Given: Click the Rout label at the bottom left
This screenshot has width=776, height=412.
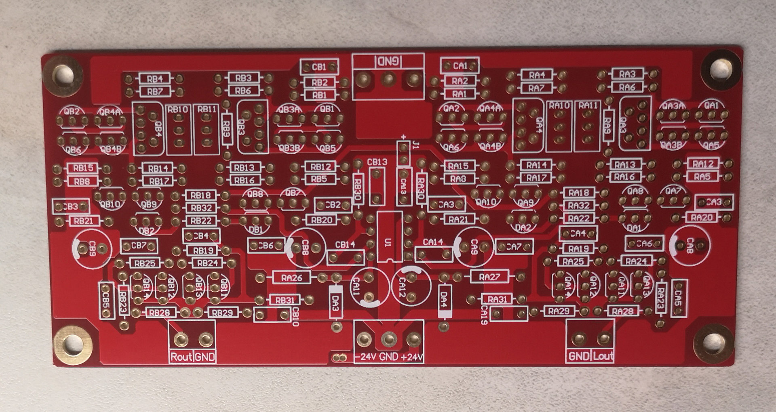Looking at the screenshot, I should click(181, 357).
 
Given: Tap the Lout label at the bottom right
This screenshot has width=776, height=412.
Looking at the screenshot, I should click(603, 356).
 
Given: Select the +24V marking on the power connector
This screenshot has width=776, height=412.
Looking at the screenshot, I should click(412, 357).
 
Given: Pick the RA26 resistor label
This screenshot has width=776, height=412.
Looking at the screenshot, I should click(292, 278).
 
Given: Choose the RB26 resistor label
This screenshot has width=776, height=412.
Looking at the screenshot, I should click(292, 278).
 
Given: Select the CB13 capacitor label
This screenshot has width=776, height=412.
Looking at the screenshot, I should click(377, 162).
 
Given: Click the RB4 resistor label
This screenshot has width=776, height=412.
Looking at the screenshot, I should click(155, 78).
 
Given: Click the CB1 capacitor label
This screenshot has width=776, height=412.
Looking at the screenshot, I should click(319, 67).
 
